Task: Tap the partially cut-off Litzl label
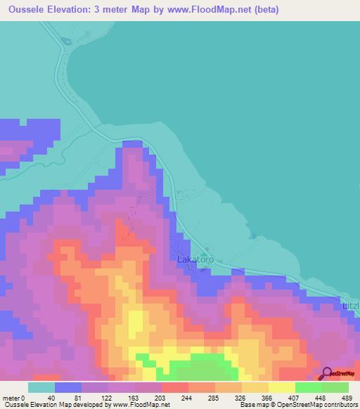tap(349, 306)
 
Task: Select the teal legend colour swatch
tap(41, 387)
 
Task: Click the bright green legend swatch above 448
tap(308, 387)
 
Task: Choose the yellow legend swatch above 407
tap(281, 387)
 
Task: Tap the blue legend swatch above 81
tap(68, 387)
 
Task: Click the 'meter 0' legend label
tap(15, 397)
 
